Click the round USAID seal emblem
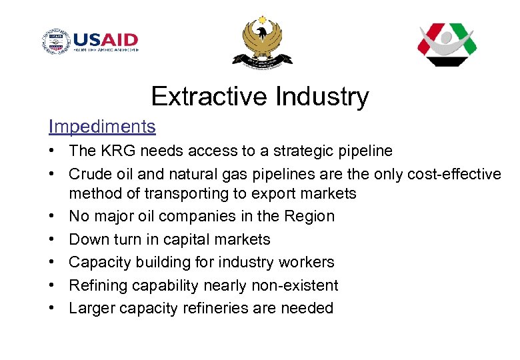(56, 42)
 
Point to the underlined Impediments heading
(102, 126)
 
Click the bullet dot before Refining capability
(53, 285)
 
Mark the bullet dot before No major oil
(53, 216)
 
